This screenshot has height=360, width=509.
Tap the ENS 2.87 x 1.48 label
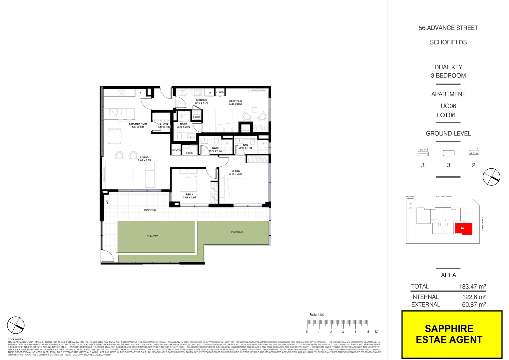click(246, 146)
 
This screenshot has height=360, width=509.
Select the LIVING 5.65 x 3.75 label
click(144, 159)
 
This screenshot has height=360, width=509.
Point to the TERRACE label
click(150, 210)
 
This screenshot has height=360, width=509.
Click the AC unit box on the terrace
click(107, 202)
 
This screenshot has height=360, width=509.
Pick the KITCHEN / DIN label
click(138, 125)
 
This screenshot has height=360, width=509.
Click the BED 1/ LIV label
click(236, 102)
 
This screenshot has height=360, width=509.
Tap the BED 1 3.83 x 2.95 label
click(189, 196)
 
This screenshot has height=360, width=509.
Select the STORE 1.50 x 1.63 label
click(164, 125)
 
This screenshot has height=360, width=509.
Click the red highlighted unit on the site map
click(463, 228)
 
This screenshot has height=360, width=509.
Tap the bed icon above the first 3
click(423, 152)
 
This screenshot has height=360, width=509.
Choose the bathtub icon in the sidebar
click(448, 152)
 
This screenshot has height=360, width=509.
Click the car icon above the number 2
click(474, 152)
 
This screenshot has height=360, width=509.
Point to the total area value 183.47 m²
click(472, 286)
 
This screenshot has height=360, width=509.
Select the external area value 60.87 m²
click(474, 304)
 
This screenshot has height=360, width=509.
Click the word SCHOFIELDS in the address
click(448, 42)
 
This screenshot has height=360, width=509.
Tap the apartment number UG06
click(448, 106)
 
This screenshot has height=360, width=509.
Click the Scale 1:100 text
click(316, 315)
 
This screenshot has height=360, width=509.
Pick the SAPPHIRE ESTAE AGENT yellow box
click(452, 334)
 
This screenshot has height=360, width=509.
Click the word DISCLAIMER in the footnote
click(15, 339)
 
